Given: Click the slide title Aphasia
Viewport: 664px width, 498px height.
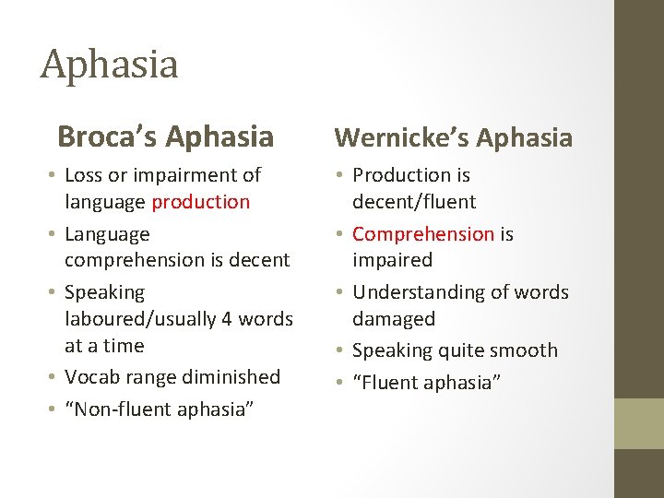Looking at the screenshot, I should pos(109,65).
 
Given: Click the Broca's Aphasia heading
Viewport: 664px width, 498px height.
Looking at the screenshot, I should pos(165,136).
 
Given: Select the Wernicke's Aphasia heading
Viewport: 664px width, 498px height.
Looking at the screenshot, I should pos(453,137).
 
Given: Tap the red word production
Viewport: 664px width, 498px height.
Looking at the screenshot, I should pos(201,201).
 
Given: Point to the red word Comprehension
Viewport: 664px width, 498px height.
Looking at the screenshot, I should pos(423,233).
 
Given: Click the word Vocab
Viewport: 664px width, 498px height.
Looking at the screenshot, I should pos(91,376).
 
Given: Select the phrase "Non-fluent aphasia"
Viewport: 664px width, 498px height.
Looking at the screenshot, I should pos(159,409).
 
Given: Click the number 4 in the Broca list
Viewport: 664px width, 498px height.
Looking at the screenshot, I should pos(226,319).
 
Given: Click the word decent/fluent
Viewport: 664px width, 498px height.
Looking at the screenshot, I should pos(414,201).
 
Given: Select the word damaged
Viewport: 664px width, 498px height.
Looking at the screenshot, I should pos(393,319).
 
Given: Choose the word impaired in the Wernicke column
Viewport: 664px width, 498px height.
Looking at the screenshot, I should pos(392,260).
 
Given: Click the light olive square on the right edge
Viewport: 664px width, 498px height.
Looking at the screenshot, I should pos(639,423).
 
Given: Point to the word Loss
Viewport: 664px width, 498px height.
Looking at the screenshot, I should pos(85,174).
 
